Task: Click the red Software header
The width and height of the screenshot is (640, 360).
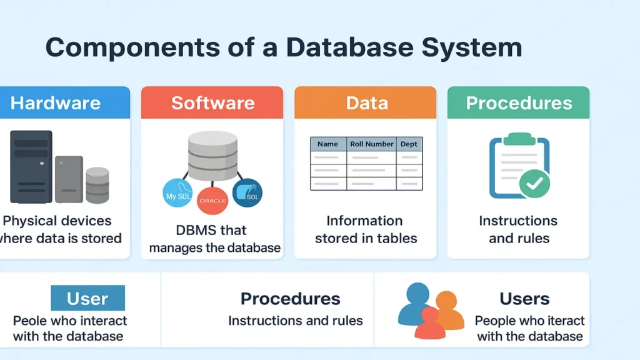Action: [x=212, y=103]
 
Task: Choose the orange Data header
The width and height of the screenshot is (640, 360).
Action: [x=366, y=103]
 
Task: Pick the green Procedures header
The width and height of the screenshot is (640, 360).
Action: [x=519, y=103]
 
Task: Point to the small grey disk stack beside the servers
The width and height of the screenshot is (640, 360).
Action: [x=97, y=184]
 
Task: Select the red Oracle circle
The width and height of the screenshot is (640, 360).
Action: [x=212, y=200]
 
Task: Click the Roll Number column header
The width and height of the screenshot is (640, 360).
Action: [x=372, y=144]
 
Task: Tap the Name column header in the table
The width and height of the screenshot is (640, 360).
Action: [x=328, y=144]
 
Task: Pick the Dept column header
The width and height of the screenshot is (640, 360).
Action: [x=409, y=144]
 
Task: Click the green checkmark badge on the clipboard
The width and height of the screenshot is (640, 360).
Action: [x=535, y=182]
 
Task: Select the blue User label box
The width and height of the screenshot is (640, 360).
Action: [x=87, y=298]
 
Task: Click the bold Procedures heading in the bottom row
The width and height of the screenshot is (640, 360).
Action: [x=290, y=299]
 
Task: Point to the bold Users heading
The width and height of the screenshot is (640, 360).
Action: [x=524, y=299]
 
